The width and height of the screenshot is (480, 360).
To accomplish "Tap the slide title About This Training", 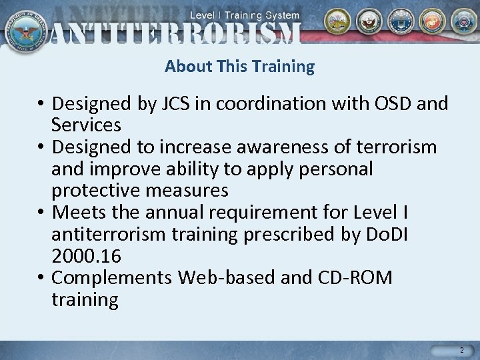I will (239, 67).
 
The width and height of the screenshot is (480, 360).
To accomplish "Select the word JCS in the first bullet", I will (175, 105).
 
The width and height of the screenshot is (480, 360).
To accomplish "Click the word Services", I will (86, 125).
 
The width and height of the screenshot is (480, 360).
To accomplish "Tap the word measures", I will (189, 191).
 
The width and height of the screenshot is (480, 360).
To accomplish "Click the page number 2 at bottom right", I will (461, 350).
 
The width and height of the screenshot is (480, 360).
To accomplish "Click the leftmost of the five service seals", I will (337, 22).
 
